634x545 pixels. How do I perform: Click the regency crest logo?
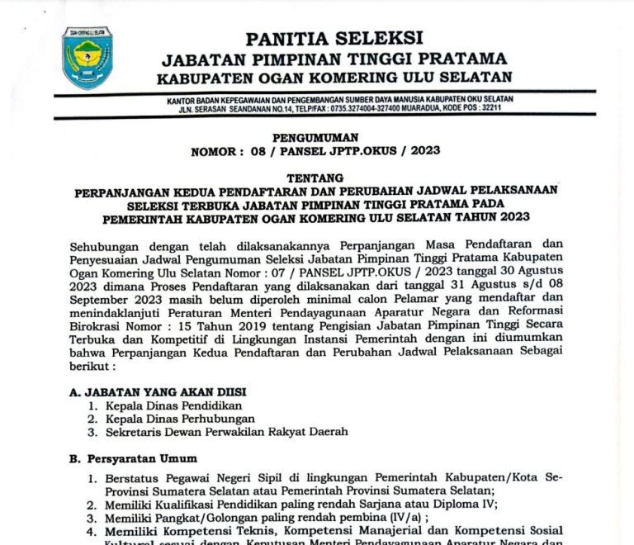[x=88, y=59]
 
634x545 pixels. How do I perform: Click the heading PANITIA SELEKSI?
[x=334, y=37]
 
